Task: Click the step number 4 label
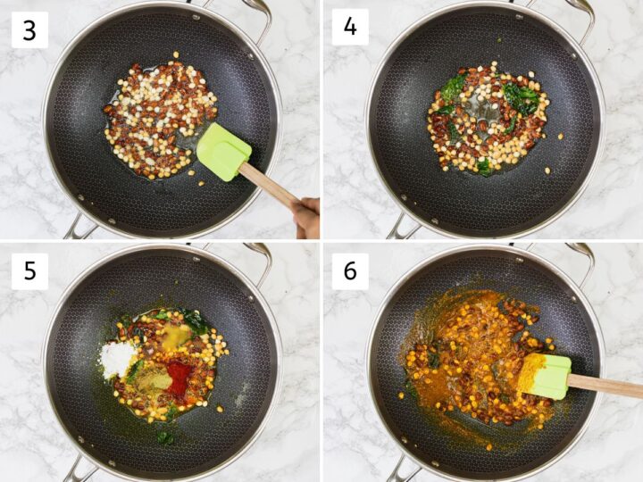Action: pos(350,28)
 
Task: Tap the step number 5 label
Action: pos(29,270)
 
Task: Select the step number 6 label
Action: pos(350,270)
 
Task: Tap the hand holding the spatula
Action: pos(306,217)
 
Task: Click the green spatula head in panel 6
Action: pos(547,376)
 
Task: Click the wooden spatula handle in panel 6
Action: pos(607,386)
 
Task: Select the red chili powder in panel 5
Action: pos(178,377)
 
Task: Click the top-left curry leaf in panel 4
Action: pos(454,87)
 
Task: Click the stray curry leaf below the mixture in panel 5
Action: pos(164,437)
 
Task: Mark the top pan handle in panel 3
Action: pos(256,11)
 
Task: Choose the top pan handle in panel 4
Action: pos(580,11)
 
